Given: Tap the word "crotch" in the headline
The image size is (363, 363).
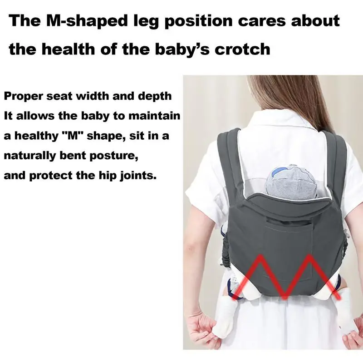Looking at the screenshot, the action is click(x=242, y=49).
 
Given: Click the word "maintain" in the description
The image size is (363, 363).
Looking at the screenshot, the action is click(x=154, y=115).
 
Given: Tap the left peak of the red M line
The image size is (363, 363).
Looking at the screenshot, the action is click(x=260, y=256).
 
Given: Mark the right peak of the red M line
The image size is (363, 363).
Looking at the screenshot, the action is click(x=309, y=256).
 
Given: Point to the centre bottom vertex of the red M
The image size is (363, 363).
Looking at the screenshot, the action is click(x=285, y=297).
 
